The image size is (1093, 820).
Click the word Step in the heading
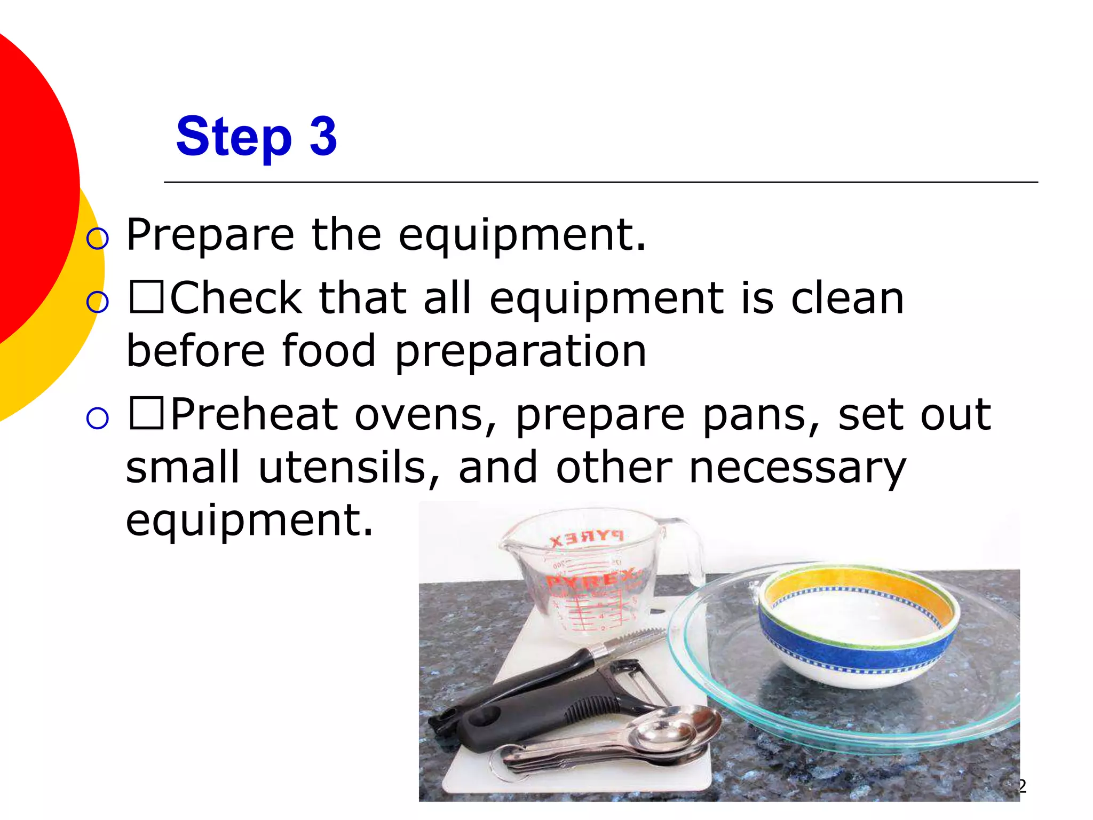click(234, 138)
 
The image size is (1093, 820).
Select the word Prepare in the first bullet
click(210, 235)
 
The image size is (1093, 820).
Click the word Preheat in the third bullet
click(254, 414)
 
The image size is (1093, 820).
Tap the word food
click(329, 351)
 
